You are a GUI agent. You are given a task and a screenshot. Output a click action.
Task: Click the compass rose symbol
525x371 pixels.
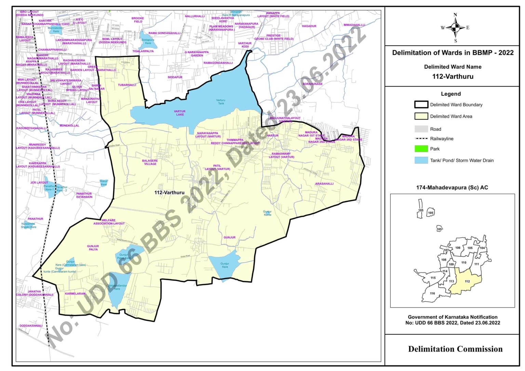click(455, 28)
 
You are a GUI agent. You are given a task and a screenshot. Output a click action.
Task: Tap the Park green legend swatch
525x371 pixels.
click(421, 149)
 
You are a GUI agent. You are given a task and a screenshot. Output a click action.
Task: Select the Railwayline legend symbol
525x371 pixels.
click(421, 139)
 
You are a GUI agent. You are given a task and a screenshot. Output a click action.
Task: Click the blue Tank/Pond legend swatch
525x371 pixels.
click(421, 160)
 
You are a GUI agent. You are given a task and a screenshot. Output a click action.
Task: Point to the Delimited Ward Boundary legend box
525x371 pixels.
click(421, 105)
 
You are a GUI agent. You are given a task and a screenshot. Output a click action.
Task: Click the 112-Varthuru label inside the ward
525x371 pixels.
click(169, 193)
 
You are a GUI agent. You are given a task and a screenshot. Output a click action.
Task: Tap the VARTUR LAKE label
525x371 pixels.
click(180, 113)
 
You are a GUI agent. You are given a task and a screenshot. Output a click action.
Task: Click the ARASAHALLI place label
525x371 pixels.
click(324, 184)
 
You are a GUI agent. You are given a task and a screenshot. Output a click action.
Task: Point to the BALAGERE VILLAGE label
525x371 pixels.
click(150, 162)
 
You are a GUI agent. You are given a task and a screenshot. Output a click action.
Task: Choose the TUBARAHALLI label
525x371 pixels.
click(127, 85)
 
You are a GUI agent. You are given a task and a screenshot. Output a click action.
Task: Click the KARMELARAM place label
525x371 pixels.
click(75, 294)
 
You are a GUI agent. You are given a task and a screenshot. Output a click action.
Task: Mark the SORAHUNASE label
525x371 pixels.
click(312, 84)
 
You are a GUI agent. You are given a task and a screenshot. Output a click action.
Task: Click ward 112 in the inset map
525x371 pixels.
click(467, 281)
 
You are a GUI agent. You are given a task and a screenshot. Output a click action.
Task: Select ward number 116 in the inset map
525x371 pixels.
click(432, 293)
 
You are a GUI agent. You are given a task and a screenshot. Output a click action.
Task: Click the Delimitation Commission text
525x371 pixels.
click(455, 349)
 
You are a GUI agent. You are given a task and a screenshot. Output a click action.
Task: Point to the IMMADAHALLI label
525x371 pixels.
click(354, 25)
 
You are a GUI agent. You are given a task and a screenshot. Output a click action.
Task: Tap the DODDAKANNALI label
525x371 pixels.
click(31, 326)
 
